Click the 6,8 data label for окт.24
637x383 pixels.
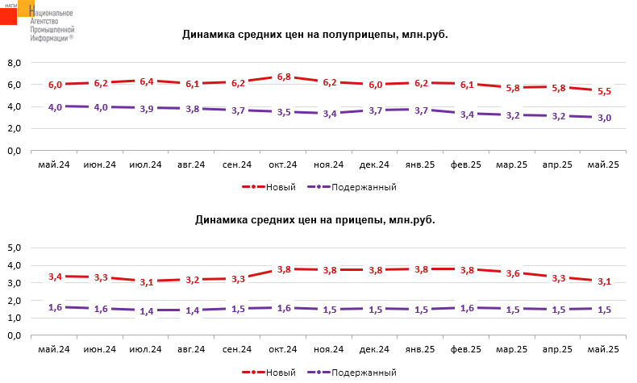coord(284,77)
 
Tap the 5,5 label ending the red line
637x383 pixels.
coord(604,92)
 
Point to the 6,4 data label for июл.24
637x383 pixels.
coord(146,81)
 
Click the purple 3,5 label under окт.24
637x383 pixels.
coord(284,113)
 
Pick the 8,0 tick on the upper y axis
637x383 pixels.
coord(13,62)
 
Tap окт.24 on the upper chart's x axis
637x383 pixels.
coord(284,164)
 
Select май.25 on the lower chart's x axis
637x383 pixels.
coord(604,349)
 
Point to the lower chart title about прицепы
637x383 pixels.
coord(315,219)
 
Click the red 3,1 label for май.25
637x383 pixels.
coord(604,281)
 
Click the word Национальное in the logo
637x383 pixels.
coord(52,14)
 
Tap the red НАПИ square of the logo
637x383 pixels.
coord(9,13)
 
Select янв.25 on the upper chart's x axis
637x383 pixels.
coord(421,164)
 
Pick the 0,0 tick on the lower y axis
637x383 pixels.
coord(13,335)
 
